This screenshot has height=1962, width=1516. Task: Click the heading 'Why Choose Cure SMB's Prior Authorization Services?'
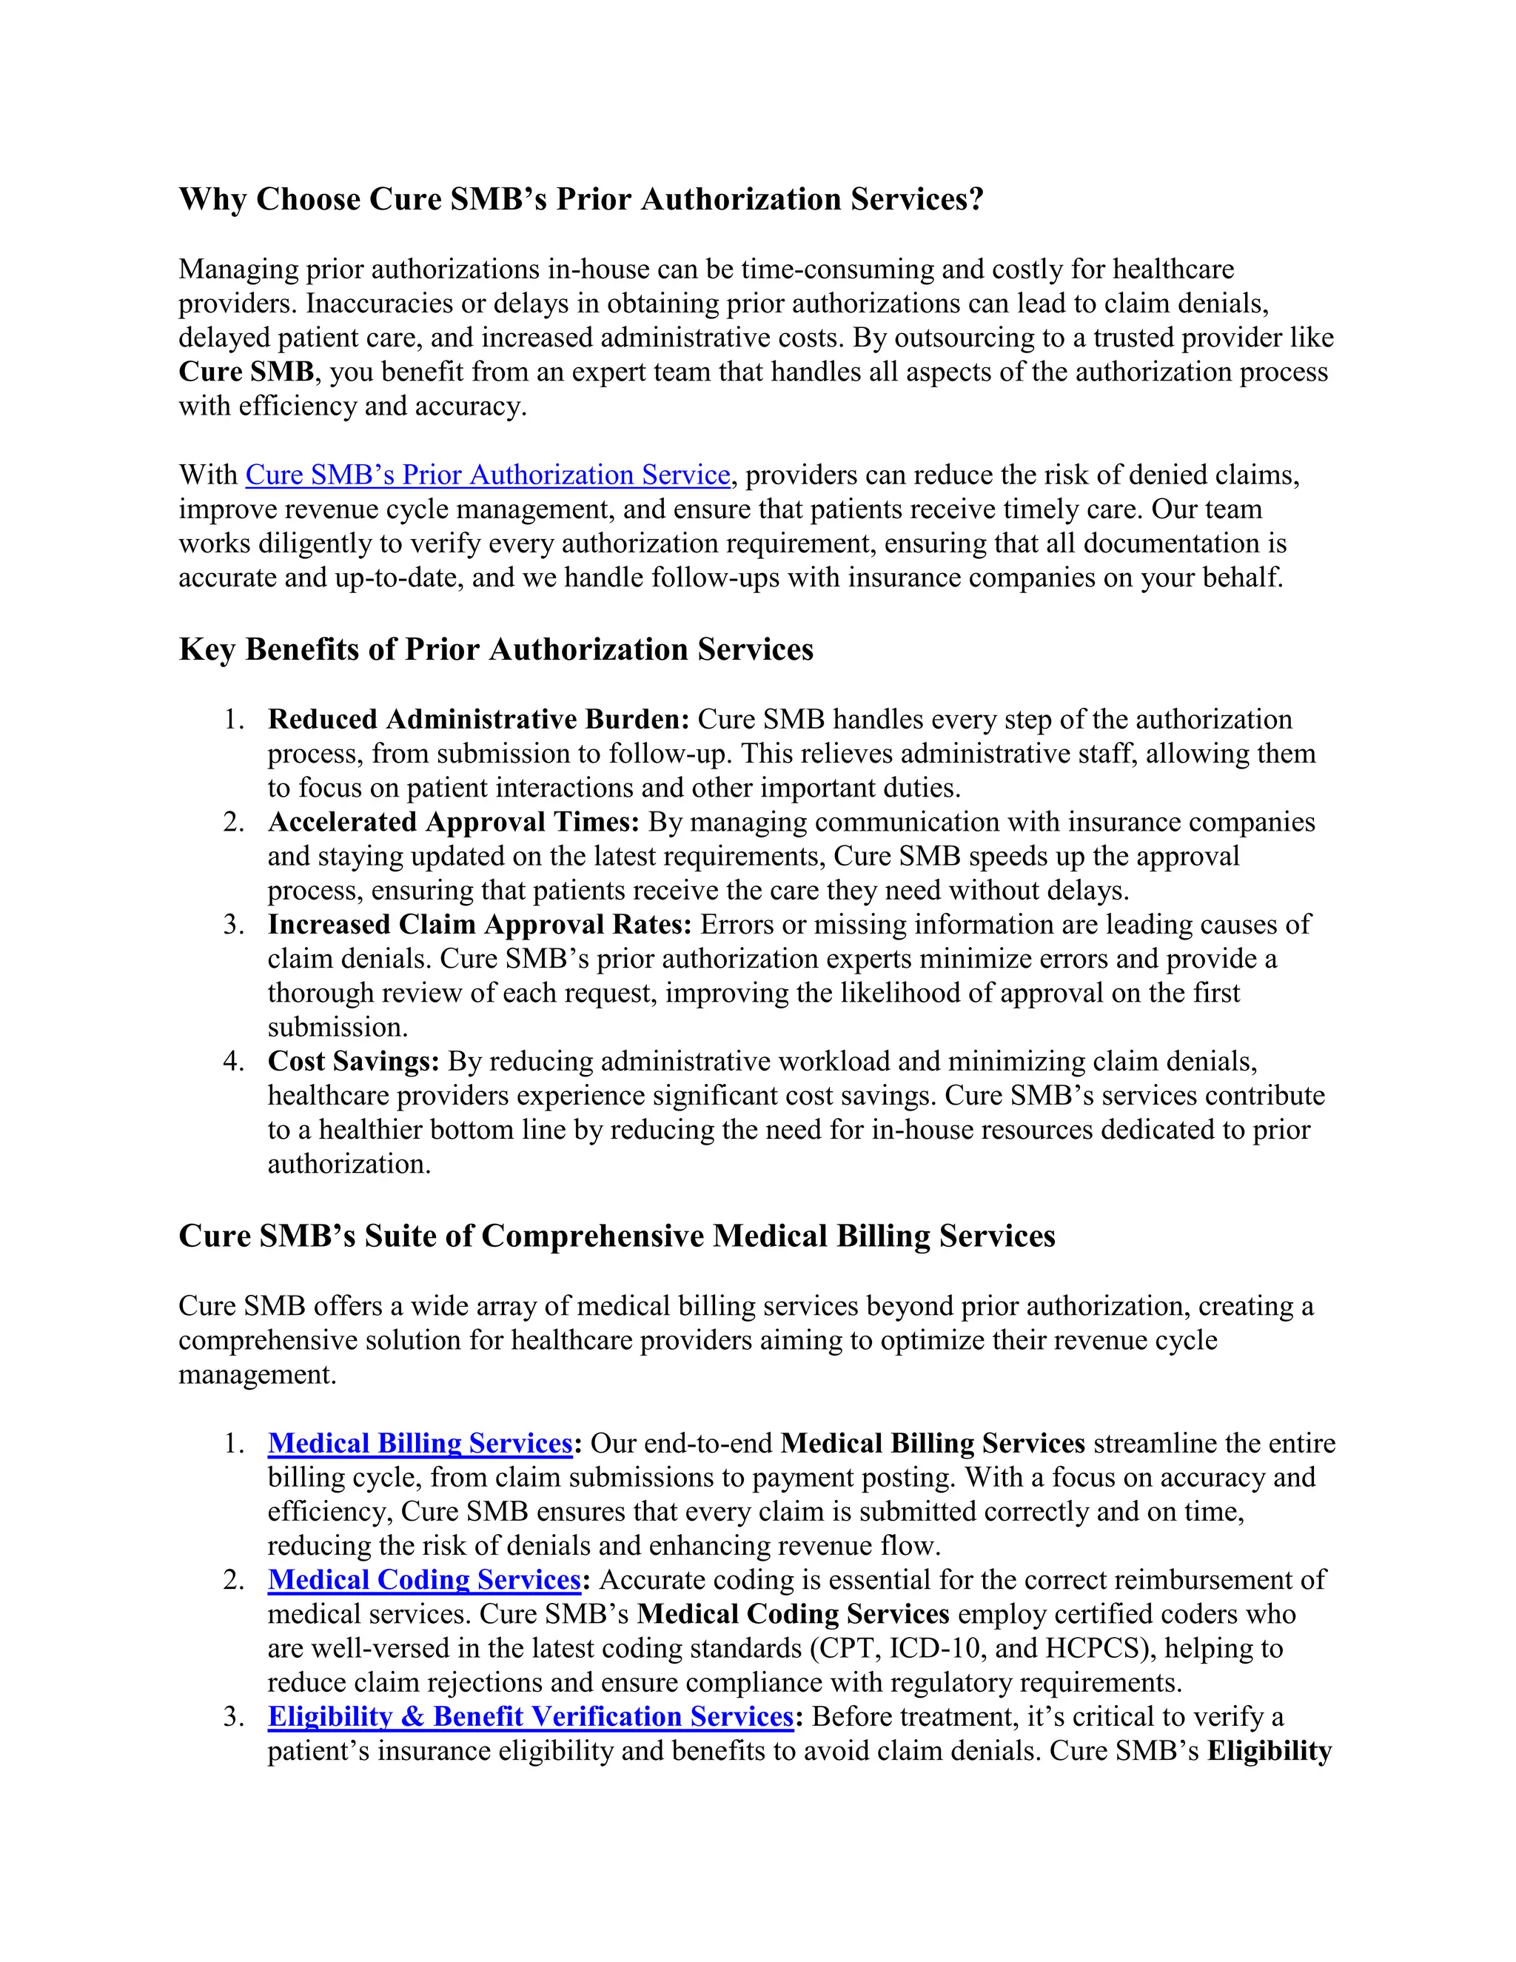pyautogui.click(x=581, y=199)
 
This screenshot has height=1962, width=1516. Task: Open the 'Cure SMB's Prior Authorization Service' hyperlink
pyautogui.click(x=488, y=475)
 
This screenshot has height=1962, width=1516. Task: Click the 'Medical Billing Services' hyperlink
pyautogui.click(x=420, y=1443)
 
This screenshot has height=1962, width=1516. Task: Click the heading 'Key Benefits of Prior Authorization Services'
pyautogui.click(x=496, y=649)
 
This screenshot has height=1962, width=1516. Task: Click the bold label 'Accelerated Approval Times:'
pyautogui.click(x=454, y=822)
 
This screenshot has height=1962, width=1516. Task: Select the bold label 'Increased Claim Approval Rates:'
pyautogui.click(x=480, y=925)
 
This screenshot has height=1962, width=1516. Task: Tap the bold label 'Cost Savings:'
pyautogui.click(x=353, y=1061)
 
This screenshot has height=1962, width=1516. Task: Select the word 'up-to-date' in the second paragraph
pyautogui.click(x=399, y=577)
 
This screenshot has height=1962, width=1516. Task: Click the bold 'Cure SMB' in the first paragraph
pyautogui.click(x=246, y=372)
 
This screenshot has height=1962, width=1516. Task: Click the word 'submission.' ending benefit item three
pyautogui.click(x=338, y=1027)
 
